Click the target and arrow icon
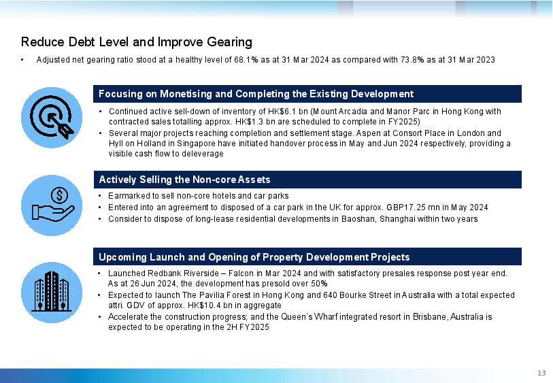(x=52, y=117)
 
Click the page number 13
(x=541, y=373)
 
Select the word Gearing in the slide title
(x=229, y=42)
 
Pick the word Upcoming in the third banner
(x=122, y=257)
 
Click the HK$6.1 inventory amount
(x=282, y=112)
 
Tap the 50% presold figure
(x=319, y=284)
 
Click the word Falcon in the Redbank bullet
(x=241, y=273)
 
